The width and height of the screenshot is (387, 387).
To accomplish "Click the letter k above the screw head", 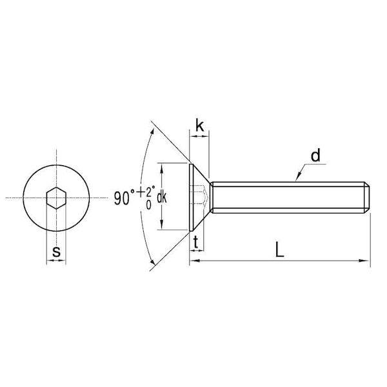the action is [200, 125].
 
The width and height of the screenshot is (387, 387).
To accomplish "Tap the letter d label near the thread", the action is [315, 155].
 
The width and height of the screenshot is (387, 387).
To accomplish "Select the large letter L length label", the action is [279, 250].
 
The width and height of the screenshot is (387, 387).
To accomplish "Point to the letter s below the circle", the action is [56, 252].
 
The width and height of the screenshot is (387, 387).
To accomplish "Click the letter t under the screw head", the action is [196, 242].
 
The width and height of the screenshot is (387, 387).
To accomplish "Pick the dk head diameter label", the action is [162, 198].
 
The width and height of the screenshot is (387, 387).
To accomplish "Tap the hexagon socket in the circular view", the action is [56, 198].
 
